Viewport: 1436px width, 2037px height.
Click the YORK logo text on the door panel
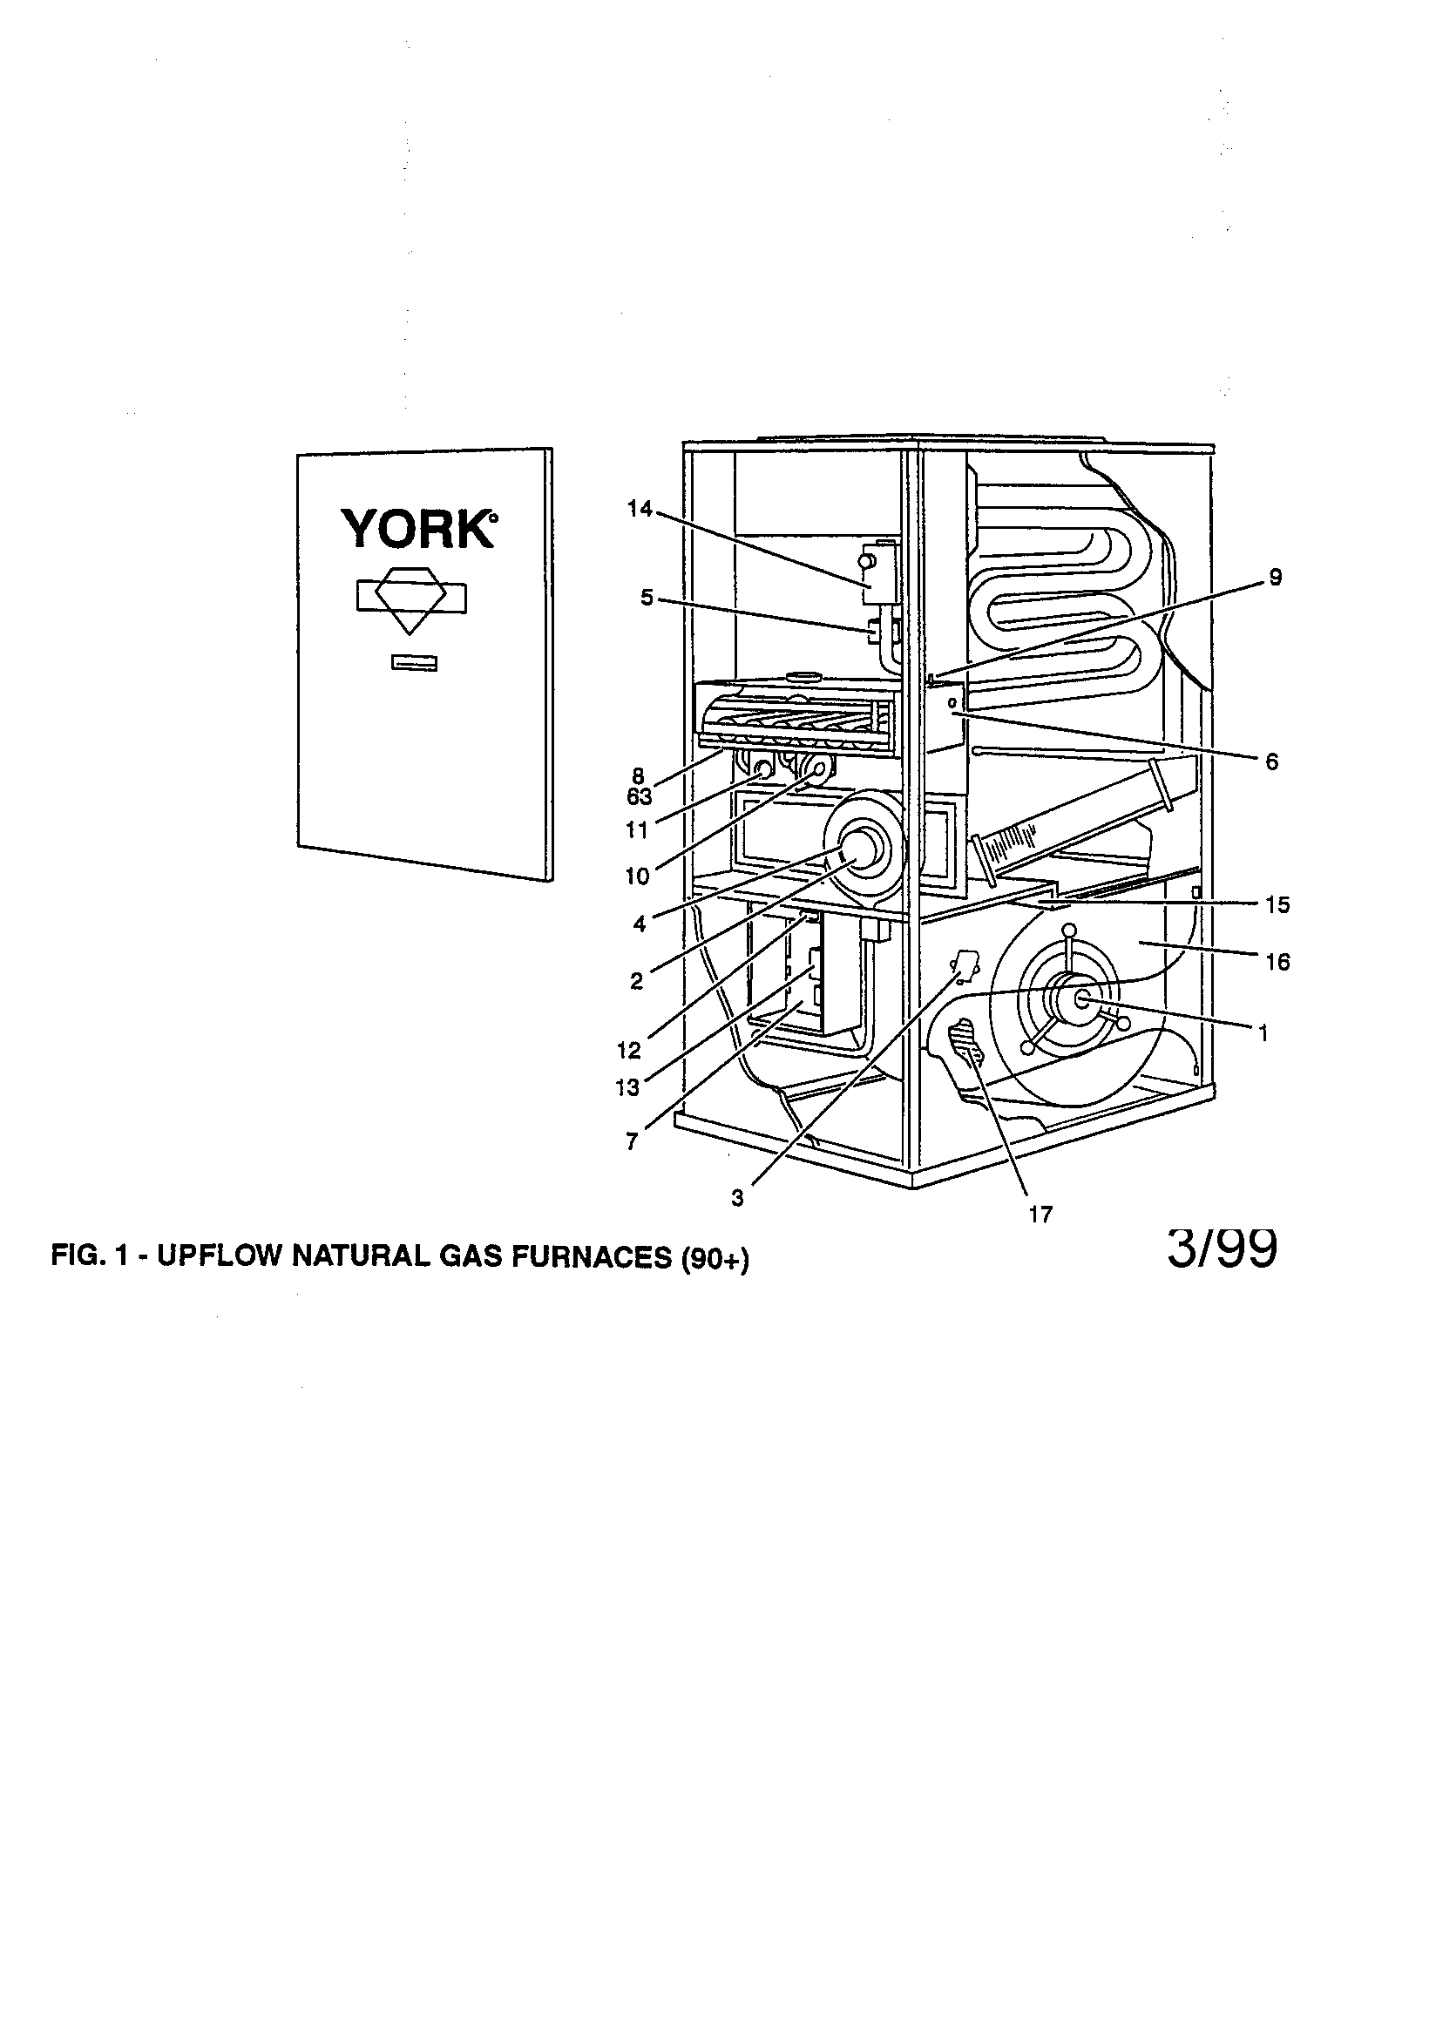[x=419, y=529]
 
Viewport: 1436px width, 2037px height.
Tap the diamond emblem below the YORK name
[x=411, y=599]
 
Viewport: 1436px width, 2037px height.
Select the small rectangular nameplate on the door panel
[x=414, y=664]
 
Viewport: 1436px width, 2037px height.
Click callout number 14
[x=639, y=509]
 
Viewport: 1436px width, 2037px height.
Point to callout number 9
[x=1276, y=578]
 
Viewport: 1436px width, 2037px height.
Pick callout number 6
[x=1272, y=761]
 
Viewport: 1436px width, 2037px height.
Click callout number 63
[x=639, y=796]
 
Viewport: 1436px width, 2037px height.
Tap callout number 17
[x=1040, y=1215]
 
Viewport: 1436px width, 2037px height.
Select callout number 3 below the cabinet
[x=737, y=1198]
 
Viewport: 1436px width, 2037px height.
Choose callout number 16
[x=1277, y=962]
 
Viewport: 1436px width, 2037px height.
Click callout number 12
[x=628, y=1051]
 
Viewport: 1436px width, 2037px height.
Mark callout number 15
[x=1277, y=905]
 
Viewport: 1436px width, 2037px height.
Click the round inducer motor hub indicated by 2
[x=856, y=849]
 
